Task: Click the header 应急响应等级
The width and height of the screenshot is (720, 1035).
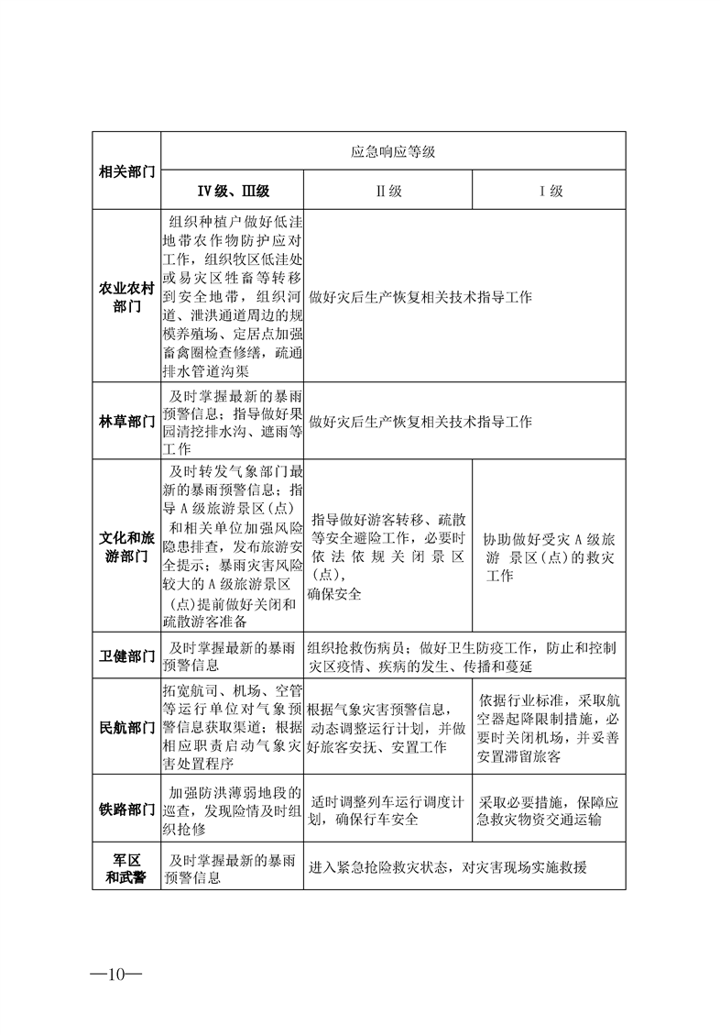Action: pyautogui.click(x=393, y=151)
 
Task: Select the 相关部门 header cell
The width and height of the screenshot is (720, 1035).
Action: pyautogui.click(x=126, y=171)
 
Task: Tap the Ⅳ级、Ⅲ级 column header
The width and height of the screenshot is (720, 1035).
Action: pyautogui.click(x=233, y=192)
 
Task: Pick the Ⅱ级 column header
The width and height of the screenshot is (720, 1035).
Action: pyautogui.click(x=388, y=192)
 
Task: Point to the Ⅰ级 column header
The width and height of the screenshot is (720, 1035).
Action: pyautogui.click(x=550, y=192)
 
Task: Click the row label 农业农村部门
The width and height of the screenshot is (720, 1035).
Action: pyautogui.click(x=126, y=297)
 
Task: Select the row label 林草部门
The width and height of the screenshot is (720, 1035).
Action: pyautogui.click(x=126, y=422)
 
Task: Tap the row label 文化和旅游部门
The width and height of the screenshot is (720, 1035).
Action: pyautogui.click(x=126, y=545)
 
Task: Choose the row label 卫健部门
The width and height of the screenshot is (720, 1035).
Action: pyautogui.click(x=126, y=656)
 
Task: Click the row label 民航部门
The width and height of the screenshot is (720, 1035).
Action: pyautogui.click(x=126, y=727)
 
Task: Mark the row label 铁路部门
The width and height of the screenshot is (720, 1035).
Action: pyautogui.click(x=126, y=809)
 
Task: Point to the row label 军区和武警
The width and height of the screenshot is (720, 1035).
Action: pyautogui.click(x=126, y=868)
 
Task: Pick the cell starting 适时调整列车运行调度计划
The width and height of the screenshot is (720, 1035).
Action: pyautogui.click(x=388, y=809)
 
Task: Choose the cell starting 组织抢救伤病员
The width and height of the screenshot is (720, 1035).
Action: pyautogui.click(x=465, y=656)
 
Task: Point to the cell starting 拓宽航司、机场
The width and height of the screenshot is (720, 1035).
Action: pyautogui.click(x=233, y=727)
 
